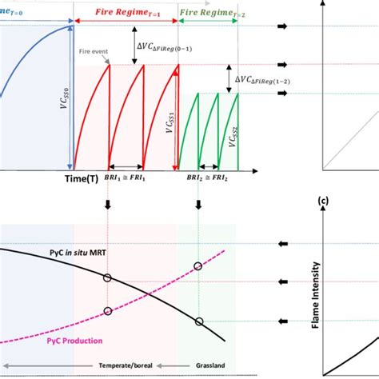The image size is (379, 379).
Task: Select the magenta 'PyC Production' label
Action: point(70,341)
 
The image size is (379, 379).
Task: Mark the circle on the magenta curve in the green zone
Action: point(198,265)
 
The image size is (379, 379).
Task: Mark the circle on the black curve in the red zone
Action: point(107,277)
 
